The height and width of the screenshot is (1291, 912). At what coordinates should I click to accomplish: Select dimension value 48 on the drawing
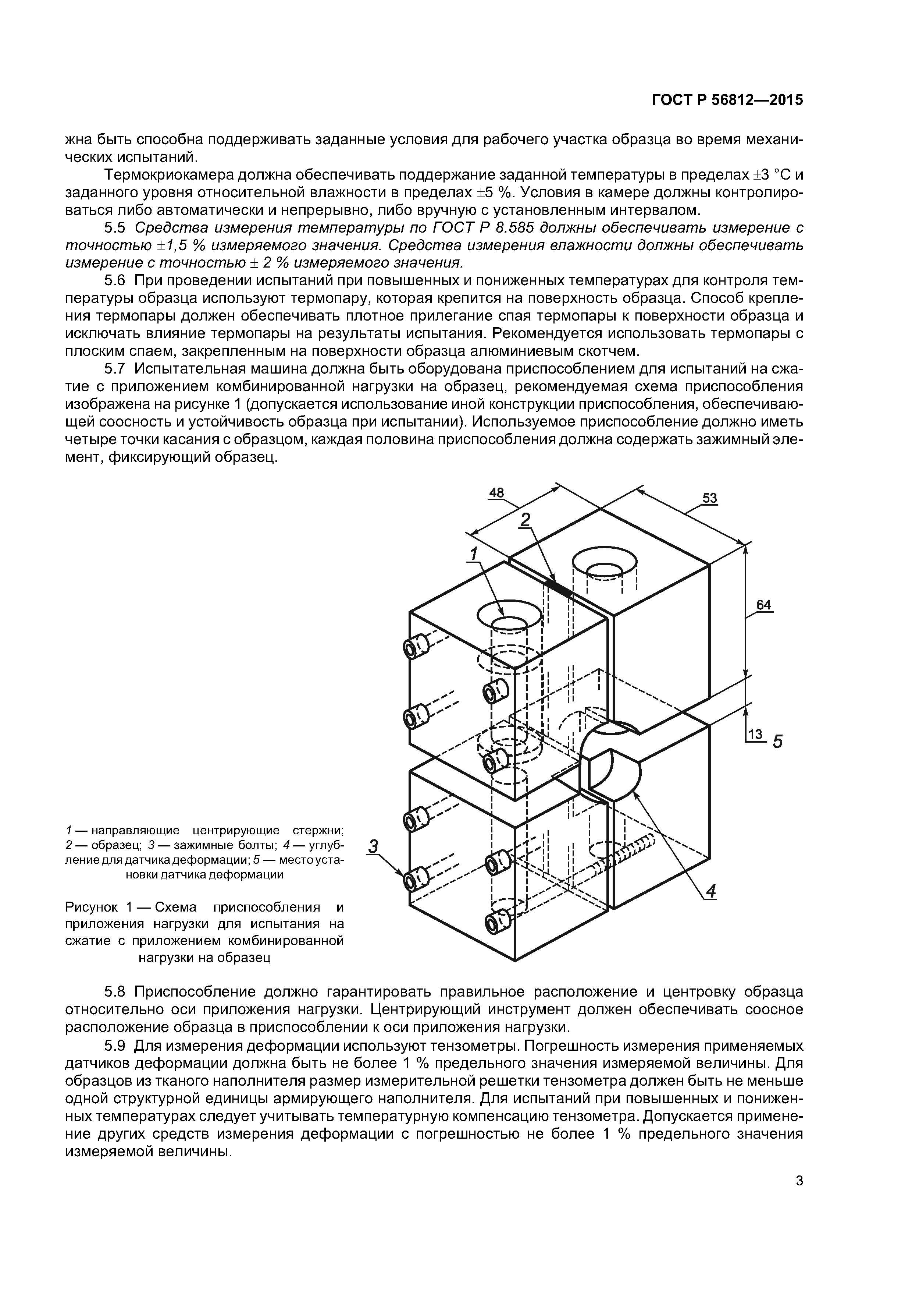pos(496,492)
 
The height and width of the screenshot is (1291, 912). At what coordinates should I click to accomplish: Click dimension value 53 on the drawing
pos(710,498)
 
